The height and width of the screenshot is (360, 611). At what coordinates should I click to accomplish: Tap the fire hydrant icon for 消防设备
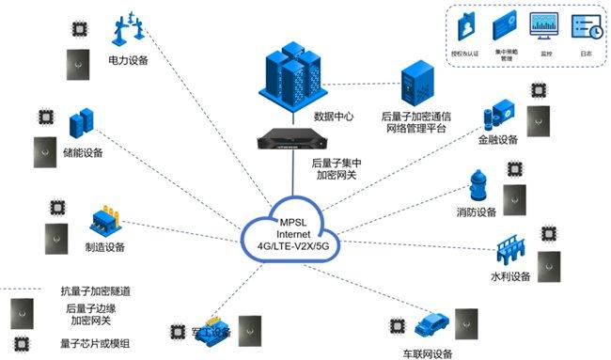click(478, 186)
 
